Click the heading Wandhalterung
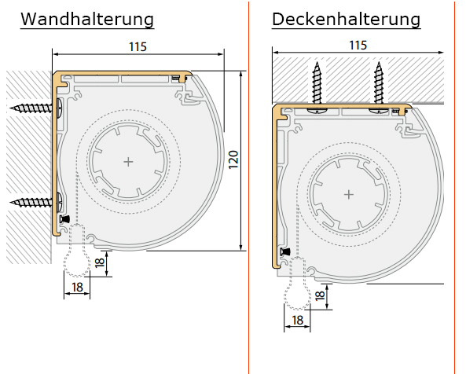click(x=87, y=20)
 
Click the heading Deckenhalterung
click(x=347, y=20)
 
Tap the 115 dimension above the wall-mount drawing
click(x=138, y=47)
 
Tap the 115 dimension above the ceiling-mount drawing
click(x=358, y=46)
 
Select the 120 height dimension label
click(x=233, y=159)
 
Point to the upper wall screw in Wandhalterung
click(x=36, y=108)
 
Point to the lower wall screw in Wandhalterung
click(x=36, y=202)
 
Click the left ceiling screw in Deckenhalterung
click(x=317, y=87)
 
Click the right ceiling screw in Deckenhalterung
click(x=379, y=87)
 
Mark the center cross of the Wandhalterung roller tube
click(x=128, y=162)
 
